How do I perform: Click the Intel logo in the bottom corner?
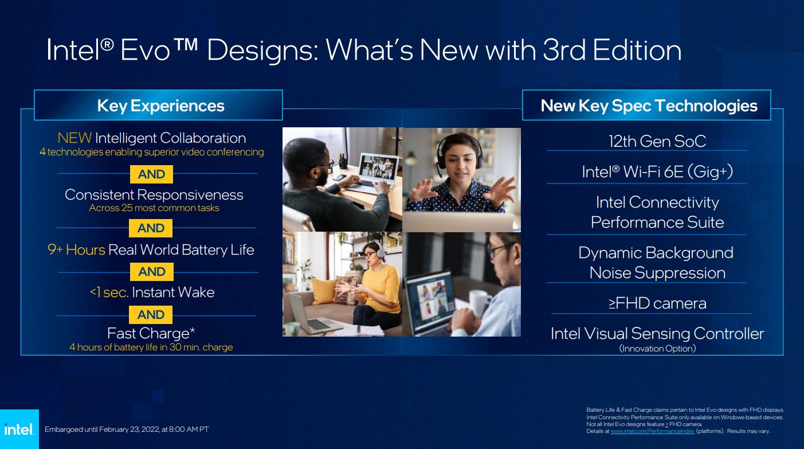click(19, 429)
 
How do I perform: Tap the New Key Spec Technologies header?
click(649, 106)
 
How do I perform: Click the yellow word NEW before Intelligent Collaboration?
click(74, 138)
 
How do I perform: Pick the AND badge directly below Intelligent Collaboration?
click(151, 174)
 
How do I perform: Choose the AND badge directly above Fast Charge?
click(151, 315)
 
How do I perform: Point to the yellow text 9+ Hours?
click(77, 249)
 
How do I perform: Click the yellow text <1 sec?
click(109, 292)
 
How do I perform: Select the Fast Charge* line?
click(151, 333)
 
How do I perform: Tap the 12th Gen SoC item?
click(657, 141)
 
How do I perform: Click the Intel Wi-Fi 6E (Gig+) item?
click(657, 172)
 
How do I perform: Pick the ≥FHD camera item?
click(657, 303)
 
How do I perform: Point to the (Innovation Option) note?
click(657, 349)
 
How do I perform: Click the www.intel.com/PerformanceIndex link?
click(652, 431)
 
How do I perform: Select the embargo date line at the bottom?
click(127, 430)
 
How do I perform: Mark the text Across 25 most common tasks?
click(154, 208)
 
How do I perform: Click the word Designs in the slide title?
click(263, 50)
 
